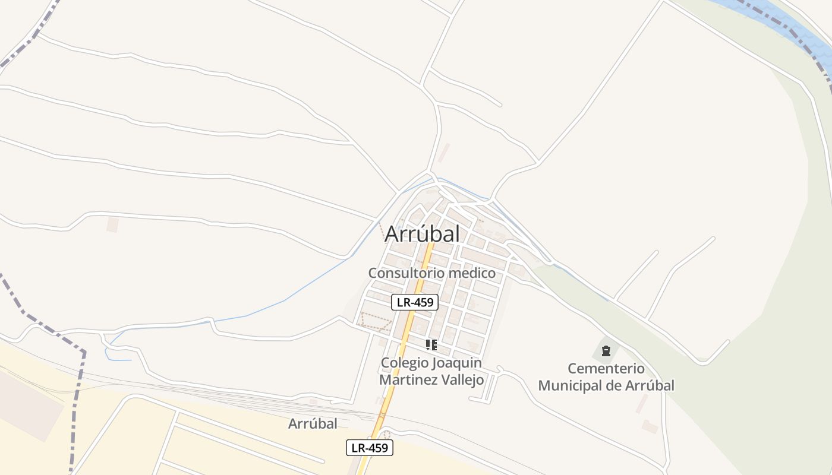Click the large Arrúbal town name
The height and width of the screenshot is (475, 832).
[x=422, y=234]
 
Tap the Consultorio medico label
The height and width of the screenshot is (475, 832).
[x=431, y=273]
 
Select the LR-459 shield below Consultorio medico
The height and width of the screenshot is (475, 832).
[x=415, y=302]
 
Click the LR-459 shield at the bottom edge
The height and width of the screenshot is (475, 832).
[x=370, y=448]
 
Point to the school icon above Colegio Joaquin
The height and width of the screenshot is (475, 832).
[x=431, y=344]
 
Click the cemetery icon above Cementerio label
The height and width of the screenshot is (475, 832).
[x=606, y=351]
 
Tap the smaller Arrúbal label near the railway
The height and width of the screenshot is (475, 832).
[x=313, y=424]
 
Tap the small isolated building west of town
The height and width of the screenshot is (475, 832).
[x=112, y=225]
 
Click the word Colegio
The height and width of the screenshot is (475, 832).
[x=404, y=363]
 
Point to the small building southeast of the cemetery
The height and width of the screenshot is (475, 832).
[x=650, y=426]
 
